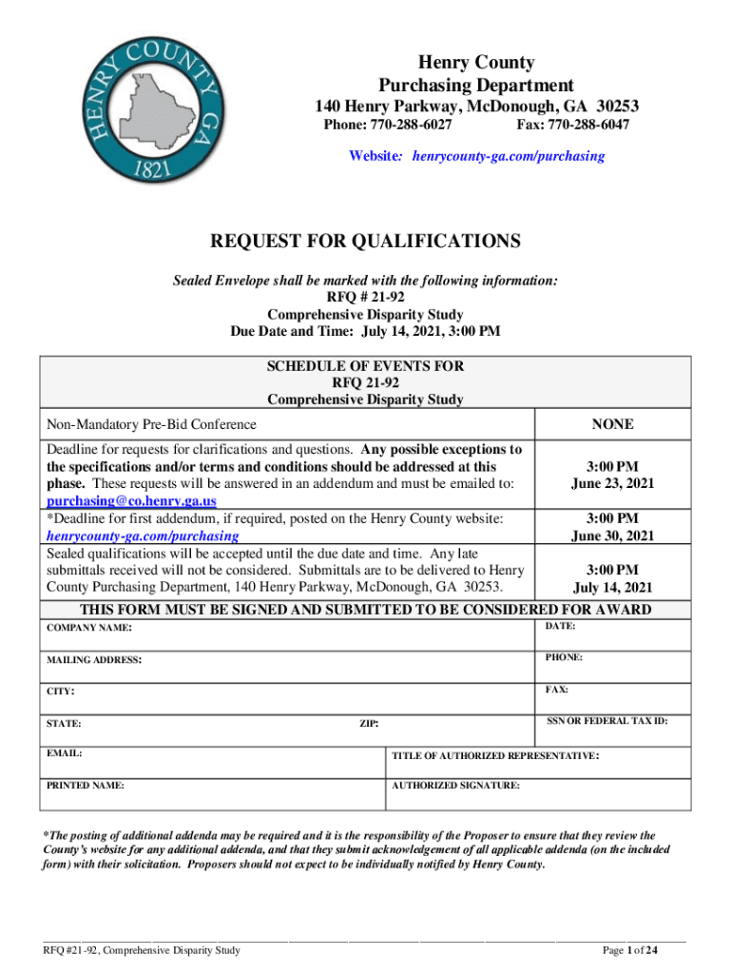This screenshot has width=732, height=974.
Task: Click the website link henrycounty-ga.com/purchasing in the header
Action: point(508,156)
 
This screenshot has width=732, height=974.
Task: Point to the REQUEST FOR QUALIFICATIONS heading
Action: point(365,242)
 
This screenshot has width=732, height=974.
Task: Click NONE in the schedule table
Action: point(612,425)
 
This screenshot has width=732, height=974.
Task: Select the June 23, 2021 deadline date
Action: point(612,483)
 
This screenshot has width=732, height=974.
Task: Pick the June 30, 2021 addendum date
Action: point(612,536)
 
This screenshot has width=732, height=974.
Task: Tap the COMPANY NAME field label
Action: point(90,629)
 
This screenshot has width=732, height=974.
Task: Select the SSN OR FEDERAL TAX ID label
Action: point(607,721)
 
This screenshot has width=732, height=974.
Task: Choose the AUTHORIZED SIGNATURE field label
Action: point(456,787)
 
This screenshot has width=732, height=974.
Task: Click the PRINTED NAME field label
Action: point(85,787)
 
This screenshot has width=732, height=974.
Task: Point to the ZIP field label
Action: point(369,724)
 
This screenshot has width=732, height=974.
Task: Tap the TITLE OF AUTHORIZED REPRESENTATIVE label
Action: point(495,756)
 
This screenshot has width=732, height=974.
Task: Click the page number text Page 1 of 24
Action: point(631,950)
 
